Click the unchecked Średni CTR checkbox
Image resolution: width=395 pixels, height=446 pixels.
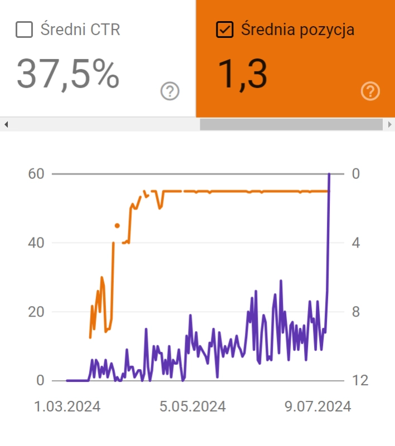24,30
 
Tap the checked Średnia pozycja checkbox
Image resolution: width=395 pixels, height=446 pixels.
224,30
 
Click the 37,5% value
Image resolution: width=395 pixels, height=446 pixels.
68,74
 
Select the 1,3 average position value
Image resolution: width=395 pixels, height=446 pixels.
242,74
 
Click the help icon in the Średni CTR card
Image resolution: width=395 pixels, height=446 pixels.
170,91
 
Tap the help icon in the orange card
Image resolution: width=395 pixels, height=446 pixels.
370,91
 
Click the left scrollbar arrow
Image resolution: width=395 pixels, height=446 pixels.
6,124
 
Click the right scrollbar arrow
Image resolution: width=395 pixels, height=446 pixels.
389,124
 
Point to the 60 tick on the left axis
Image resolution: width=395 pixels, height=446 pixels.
36,174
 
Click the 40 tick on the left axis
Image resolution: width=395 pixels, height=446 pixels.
36,243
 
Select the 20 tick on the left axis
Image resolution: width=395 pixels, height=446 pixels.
36,312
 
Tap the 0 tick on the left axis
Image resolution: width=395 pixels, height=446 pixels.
40,381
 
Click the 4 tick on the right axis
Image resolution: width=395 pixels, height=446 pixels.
357,243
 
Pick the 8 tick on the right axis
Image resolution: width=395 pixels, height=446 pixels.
357,312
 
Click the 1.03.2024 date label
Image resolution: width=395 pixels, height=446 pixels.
68,406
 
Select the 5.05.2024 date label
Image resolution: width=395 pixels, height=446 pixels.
193,406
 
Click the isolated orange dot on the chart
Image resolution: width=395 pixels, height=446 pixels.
117,226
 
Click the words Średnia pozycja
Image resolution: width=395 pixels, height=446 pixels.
297,30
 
